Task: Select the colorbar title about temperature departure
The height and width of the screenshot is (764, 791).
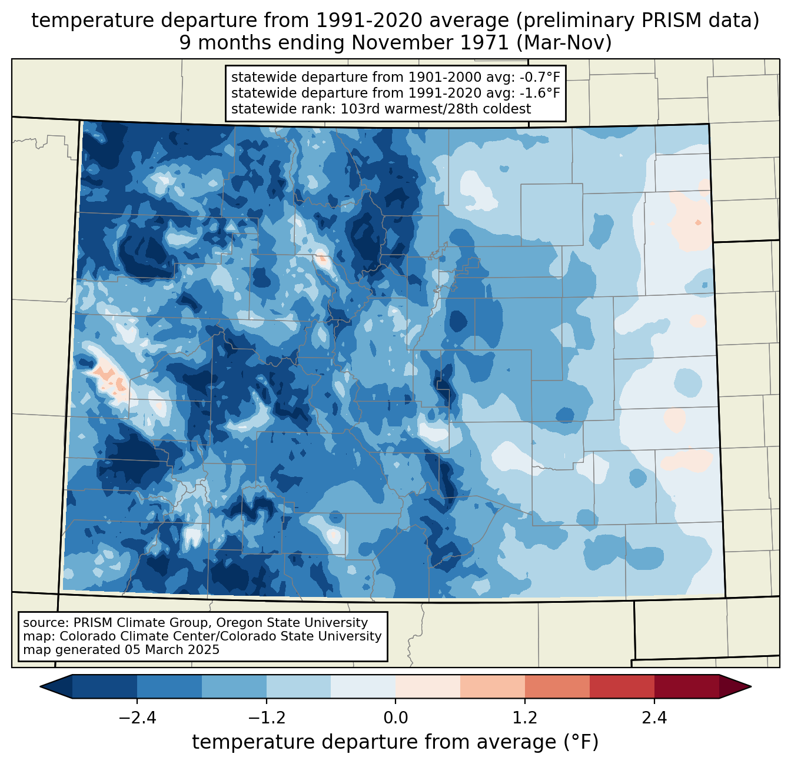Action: coord(395,742)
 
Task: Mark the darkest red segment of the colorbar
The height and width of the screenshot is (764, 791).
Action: coord(686,686)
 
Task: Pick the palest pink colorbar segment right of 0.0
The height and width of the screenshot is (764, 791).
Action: coord(428,686)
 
